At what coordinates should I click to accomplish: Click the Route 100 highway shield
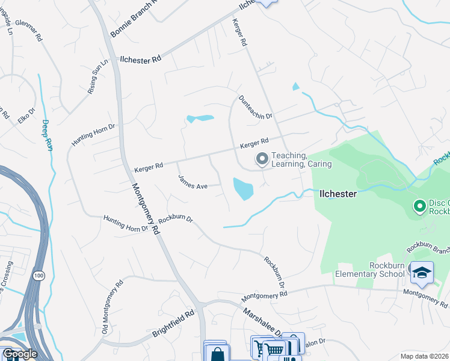39,276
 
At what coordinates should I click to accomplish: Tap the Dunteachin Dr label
256,107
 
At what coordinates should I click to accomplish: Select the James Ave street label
193,182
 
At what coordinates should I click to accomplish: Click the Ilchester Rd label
141,60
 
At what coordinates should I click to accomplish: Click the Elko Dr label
27,115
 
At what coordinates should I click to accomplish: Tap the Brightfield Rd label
174,323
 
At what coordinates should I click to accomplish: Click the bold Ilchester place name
337,194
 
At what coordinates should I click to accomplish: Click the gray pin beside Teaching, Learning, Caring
262,159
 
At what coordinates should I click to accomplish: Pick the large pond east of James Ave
242,189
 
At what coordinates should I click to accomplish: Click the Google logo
19,354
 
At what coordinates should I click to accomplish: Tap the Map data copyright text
424,356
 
